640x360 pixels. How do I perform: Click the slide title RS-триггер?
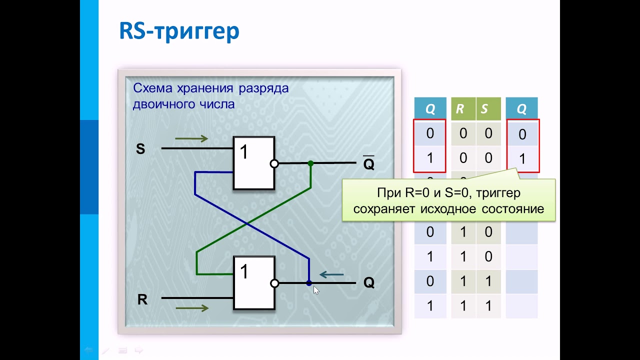[179, 31]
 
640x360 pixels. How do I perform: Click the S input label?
[140, 149]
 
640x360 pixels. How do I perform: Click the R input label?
[142, 300]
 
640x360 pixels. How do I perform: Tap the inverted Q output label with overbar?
[368, 164]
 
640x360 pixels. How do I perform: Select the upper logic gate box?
[253, 163]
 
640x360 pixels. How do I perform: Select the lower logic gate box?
[254, 282]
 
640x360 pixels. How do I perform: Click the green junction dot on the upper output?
[310, 163]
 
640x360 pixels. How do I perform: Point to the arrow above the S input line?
[191, 139]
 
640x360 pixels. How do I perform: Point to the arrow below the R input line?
[191, 308]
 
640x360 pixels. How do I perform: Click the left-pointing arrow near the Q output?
[331, 274]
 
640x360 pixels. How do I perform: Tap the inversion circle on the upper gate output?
[274, 163]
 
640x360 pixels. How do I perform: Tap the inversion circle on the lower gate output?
[274, 283]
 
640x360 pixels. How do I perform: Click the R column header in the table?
[460, 109]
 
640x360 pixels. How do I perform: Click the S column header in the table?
[484, 109]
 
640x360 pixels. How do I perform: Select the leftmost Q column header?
[430, 109]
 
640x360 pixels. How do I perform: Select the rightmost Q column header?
[521, 109]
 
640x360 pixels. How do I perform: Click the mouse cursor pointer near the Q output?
[315, 290]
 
